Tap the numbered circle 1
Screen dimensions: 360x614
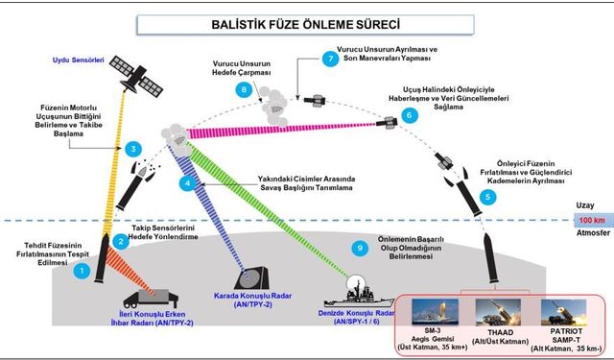tap(83, 272)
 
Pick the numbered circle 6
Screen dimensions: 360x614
tap(410, 115)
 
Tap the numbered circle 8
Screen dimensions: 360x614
tap(244, 89)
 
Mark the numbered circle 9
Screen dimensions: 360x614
tap(360, 249)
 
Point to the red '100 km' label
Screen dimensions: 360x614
tap(588, 221)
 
